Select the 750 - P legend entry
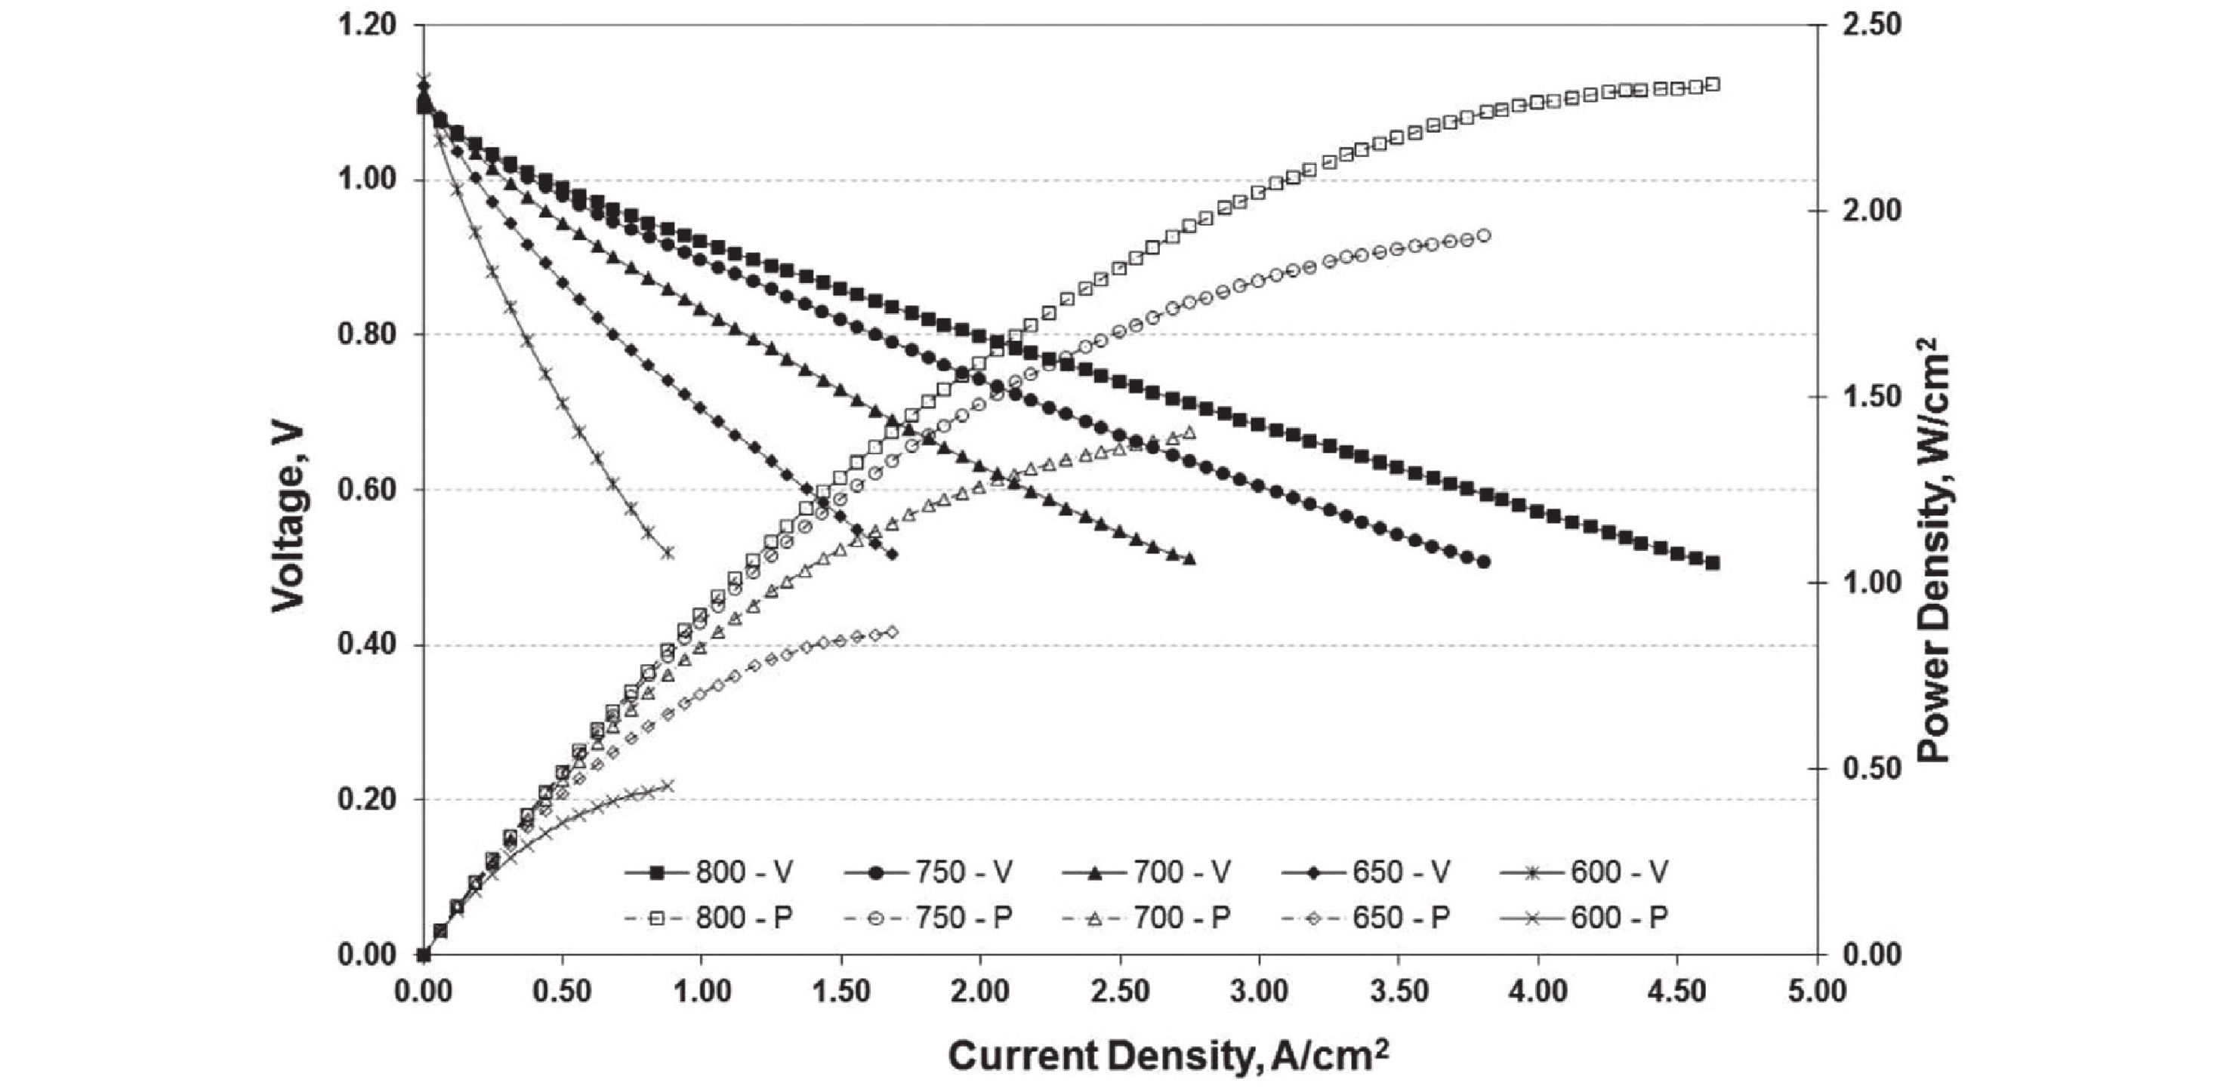tap(927, 917)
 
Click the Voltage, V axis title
tap(289, 518)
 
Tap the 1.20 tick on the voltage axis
tap(366, 25)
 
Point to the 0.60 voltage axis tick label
tap(366, 490)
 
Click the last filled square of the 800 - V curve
tap(1711, 562)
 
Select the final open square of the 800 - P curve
tap(1711, 84)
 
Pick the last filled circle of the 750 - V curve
tap(1484, 561)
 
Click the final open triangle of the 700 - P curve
tap(1189, 432)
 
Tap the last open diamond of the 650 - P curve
tap(893, 632)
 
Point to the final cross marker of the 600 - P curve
tap(667, 786)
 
